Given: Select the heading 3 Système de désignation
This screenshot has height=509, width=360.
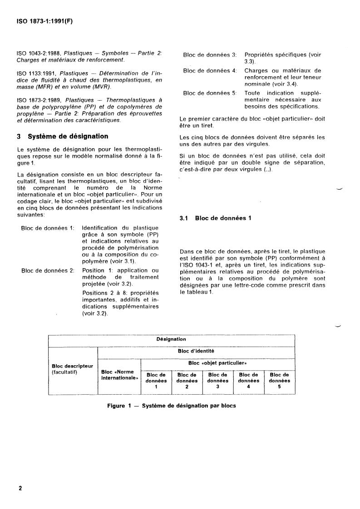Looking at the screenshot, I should pos(62,136).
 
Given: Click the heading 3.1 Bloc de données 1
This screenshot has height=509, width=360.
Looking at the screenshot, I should pos(216,218).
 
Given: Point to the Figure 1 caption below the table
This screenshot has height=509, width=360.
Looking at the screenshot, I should pos(172,406).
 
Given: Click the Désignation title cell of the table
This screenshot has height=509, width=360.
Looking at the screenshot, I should pos(171,339).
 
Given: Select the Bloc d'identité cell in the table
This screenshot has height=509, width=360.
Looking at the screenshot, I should pos(196,351).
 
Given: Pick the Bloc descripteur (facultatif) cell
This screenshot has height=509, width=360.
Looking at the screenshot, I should pos(73,369).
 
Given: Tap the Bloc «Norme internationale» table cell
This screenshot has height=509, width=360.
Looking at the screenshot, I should pos(119,375).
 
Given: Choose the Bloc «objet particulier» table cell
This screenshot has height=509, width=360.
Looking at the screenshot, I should pos(217,363).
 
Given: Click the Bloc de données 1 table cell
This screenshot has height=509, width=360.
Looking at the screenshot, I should pos(156,381).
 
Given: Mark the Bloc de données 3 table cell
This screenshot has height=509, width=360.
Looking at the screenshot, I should pos(217,381).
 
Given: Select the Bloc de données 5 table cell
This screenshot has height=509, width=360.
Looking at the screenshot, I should pos(279,381).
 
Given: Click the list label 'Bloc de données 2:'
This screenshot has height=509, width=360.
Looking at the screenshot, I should pos(48,270).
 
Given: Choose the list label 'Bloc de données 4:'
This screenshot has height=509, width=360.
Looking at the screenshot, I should pos(210,70).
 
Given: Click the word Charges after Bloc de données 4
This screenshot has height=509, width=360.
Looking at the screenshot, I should pos(257,70).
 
